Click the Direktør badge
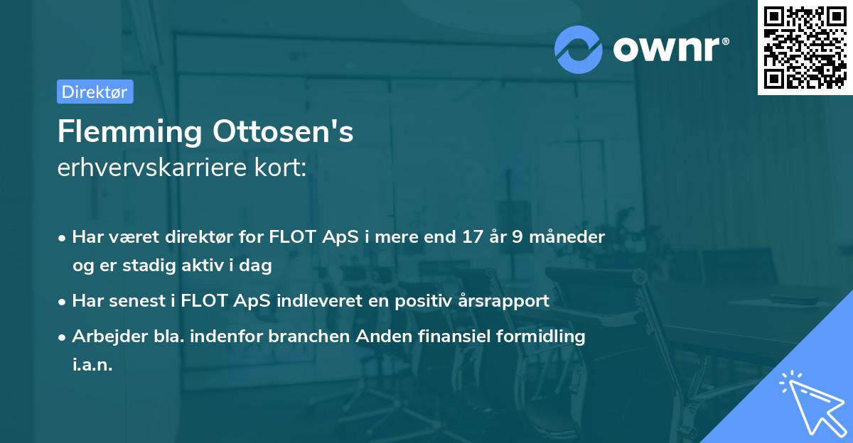[x=95, y=92]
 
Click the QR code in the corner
[x=805, y=48]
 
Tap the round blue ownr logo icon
[x=579, y=48]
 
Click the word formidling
[x=544, y=337]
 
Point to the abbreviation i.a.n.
[x=92, y=366]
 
